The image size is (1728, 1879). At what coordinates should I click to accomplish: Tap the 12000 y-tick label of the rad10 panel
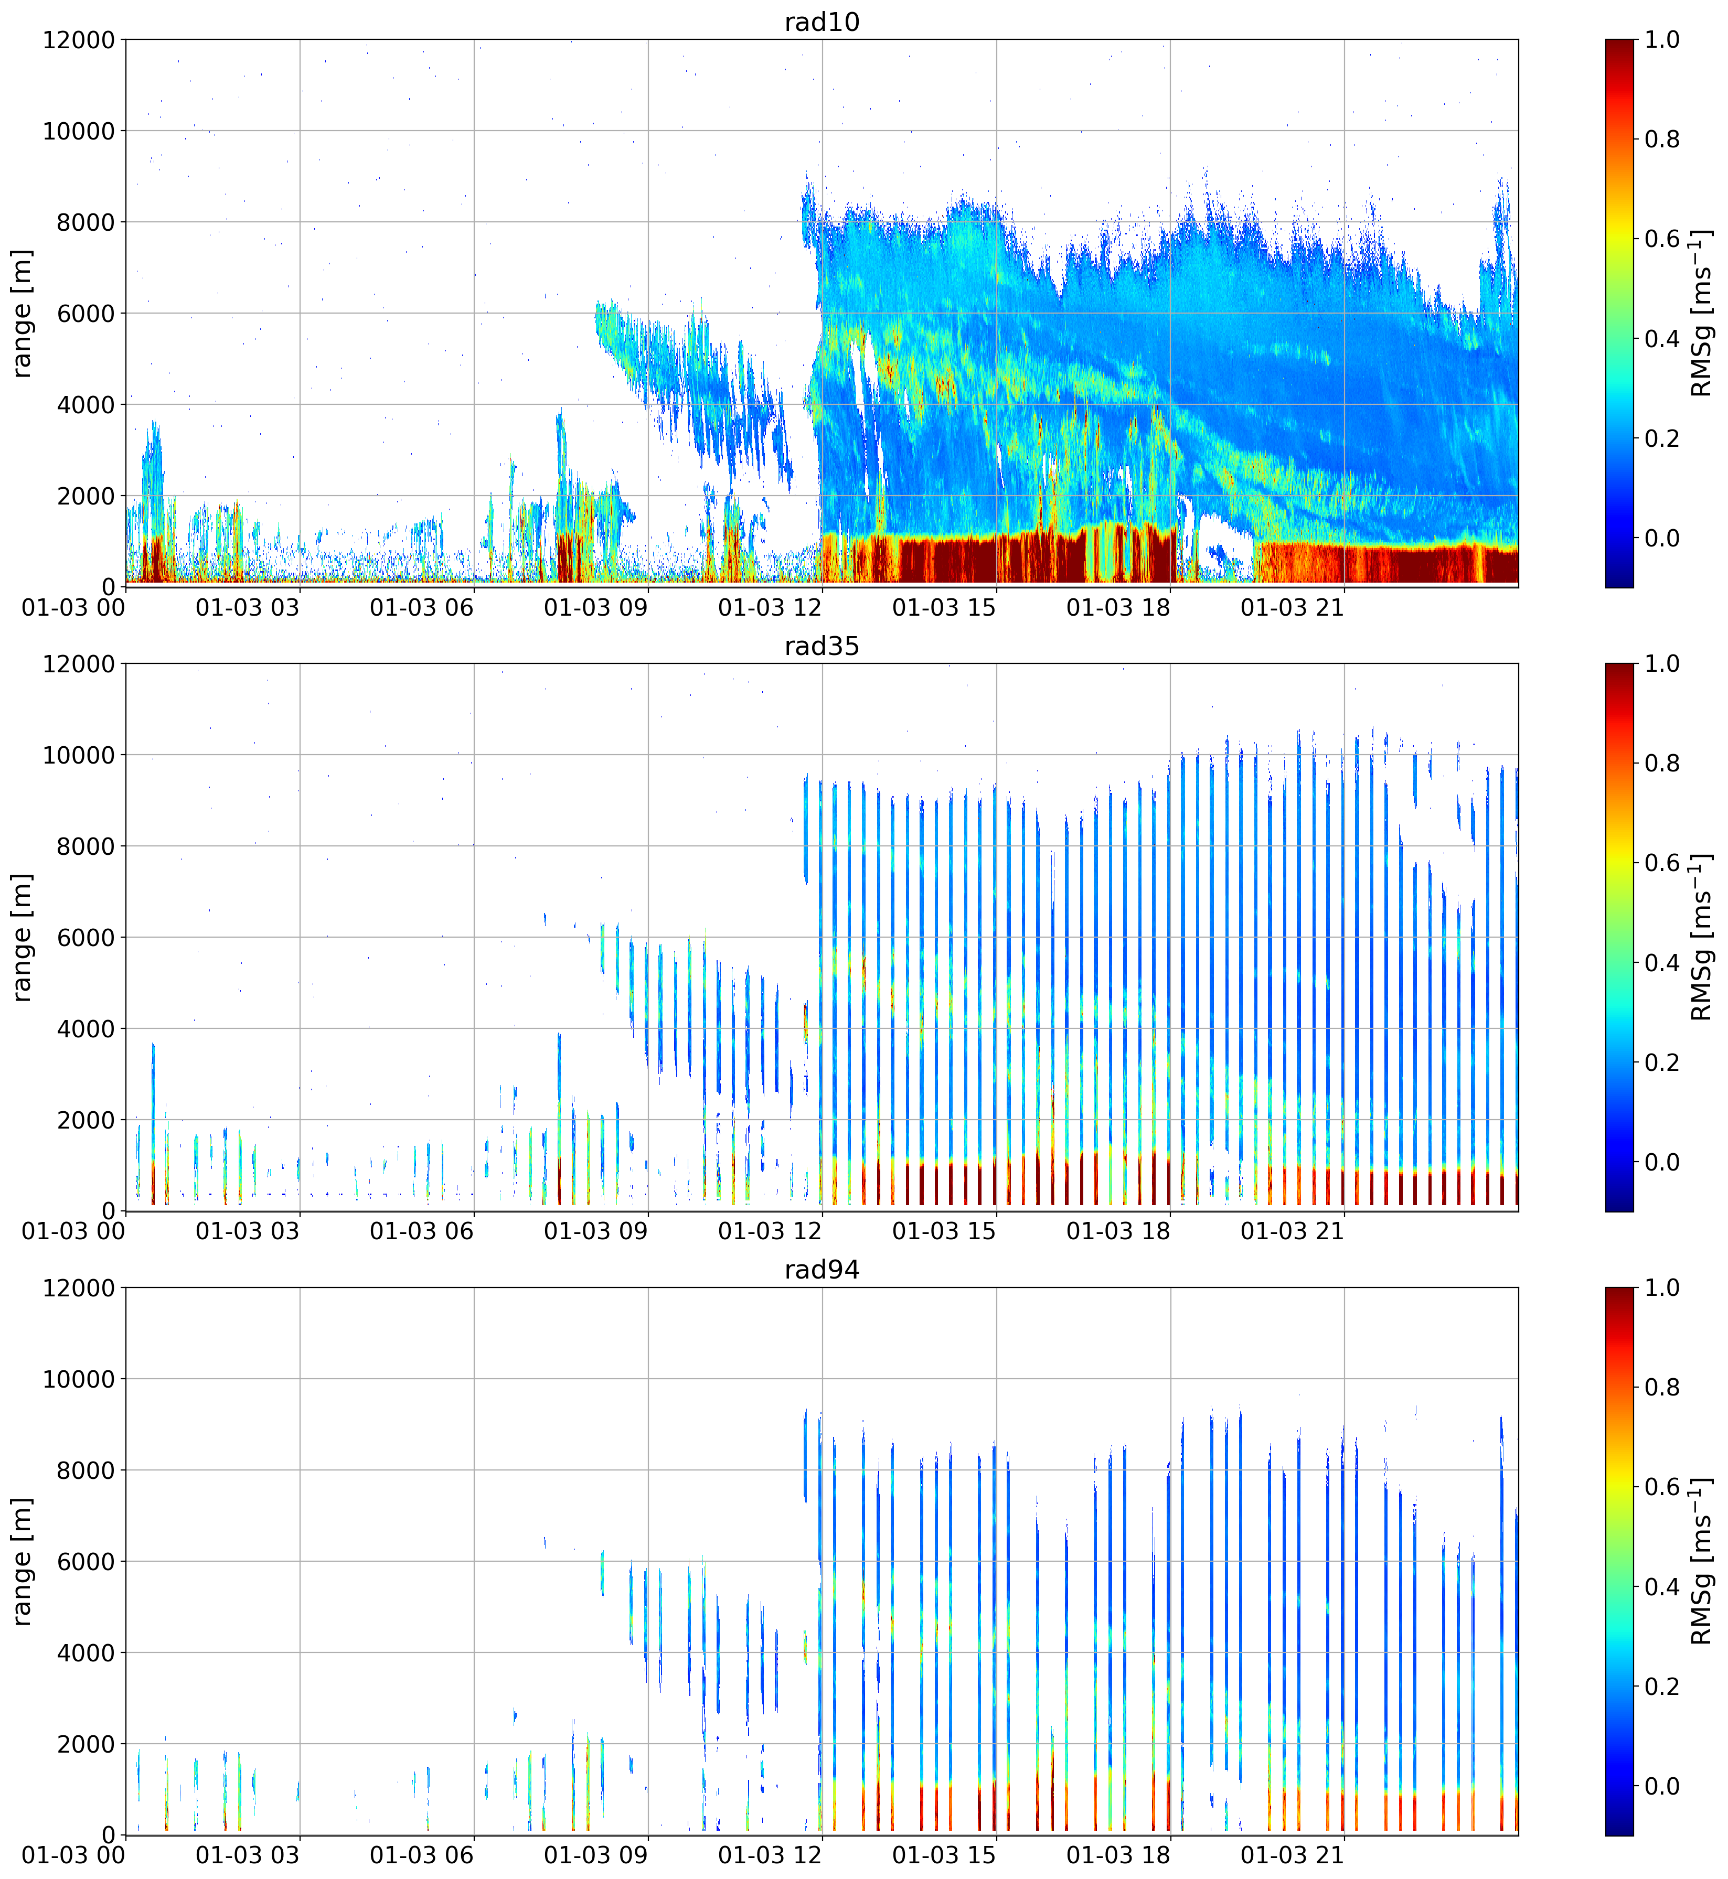(79, 40)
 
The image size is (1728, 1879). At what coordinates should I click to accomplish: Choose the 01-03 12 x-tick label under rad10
(770, 608)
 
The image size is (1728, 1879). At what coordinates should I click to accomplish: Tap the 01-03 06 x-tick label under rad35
(422, 1232)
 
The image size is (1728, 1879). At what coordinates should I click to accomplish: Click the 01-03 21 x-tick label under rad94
(1292, 1855)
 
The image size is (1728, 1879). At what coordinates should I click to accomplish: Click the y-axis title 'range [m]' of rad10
(23, 313)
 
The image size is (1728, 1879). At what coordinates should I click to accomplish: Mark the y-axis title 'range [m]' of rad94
(23, 1561)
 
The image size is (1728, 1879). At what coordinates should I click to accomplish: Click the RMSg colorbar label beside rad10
(1702, 313)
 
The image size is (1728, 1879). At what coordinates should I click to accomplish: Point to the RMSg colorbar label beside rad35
(1702, 938)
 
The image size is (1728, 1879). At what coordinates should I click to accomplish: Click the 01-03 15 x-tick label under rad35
(944, 1232)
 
